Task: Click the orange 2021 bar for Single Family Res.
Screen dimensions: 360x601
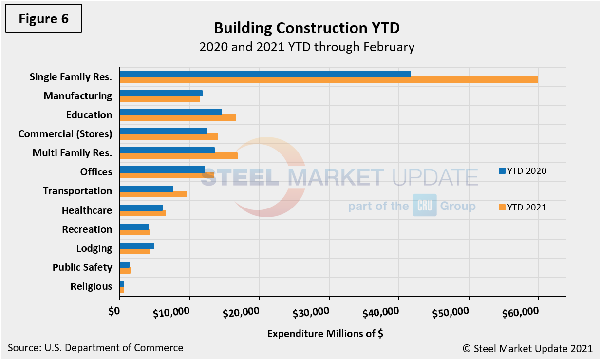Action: tap(329, 80)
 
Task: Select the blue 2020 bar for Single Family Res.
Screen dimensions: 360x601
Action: tap(265, 74)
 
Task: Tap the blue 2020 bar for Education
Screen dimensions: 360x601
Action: tap(171, 112)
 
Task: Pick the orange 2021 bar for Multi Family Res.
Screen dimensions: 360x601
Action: tap(179, 156)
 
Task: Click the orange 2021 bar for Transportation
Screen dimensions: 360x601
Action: tap(153, 194)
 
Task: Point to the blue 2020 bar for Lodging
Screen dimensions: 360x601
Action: tap(137, 246)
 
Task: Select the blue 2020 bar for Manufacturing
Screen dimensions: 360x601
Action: tap(161, 93)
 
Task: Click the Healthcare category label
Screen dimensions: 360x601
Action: tap(87, 210)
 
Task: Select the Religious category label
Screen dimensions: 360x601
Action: tap(91, 286)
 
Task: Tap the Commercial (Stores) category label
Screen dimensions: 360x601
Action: tap(65, 134)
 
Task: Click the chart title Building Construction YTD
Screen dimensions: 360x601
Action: tap(307, 28)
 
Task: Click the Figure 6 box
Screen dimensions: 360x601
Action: tap(44, 19)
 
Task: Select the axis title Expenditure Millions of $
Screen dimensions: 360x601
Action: tap(326, 334)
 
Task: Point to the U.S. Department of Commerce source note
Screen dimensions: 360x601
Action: tap(95, 348)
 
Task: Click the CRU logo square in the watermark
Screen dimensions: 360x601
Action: tap(425, 206)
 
